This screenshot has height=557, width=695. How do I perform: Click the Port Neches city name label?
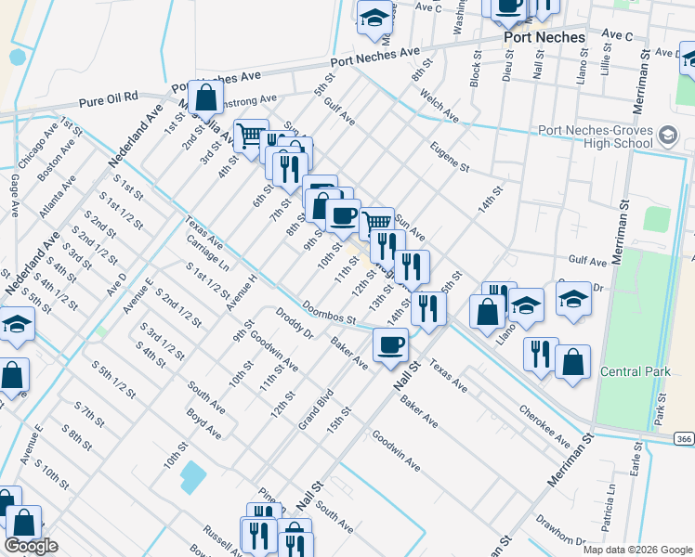[544, 38]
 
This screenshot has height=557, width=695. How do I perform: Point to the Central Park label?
[636, 371]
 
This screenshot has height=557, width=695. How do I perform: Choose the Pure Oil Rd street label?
[109, 97]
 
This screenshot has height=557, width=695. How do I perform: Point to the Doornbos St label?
[329, 312]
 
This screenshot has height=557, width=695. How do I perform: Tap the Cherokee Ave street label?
[544, 424]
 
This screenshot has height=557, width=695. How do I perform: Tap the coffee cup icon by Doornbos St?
[390, 343]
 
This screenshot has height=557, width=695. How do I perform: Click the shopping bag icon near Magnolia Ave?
[205, 96]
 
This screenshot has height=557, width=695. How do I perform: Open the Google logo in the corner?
[31, 546]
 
